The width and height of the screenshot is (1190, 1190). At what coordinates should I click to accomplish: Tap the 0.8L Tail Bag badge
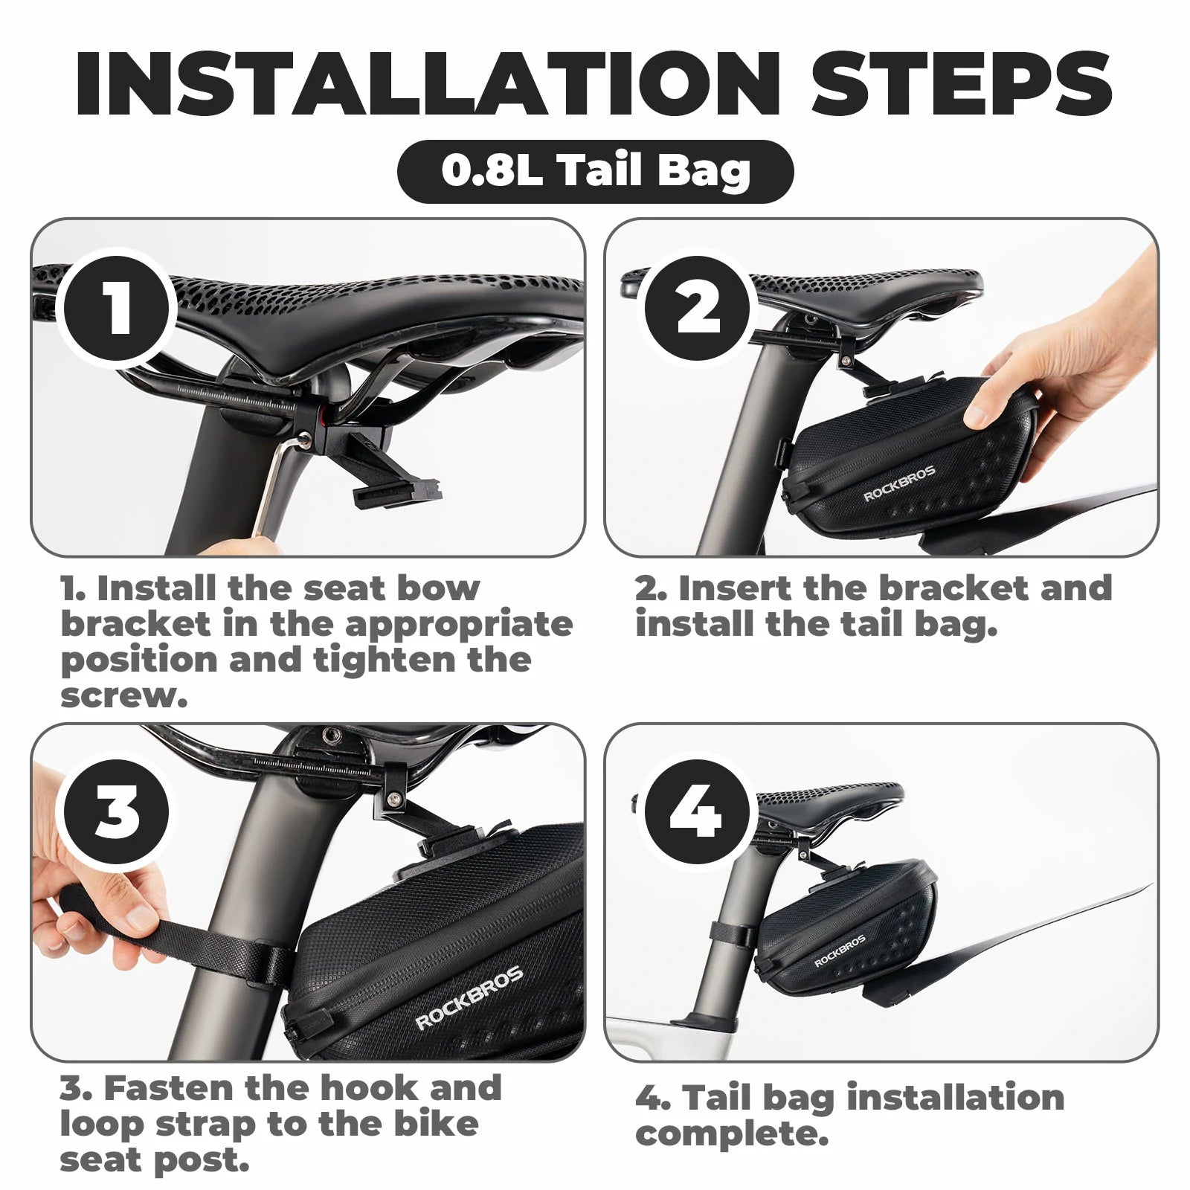point(595,172)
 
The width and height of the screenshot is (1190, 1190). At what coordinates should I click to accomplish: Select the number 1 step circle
point(117,306)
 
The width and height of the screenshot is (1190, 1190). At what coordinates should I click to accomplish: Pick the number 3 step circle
point(117,811)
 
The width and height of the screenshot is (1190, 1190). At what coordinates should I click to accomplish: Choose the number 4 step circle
point(697,813)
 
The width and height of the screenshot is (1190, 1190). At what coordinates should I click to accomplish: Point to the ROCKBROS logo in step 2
point(899,484)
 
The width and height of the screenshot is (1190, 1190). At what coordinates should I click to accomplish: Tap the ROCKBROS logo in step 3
point(469,999)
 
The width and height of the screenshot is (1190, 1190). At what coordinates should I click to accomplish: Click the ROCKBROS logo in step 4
point(840,951)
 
